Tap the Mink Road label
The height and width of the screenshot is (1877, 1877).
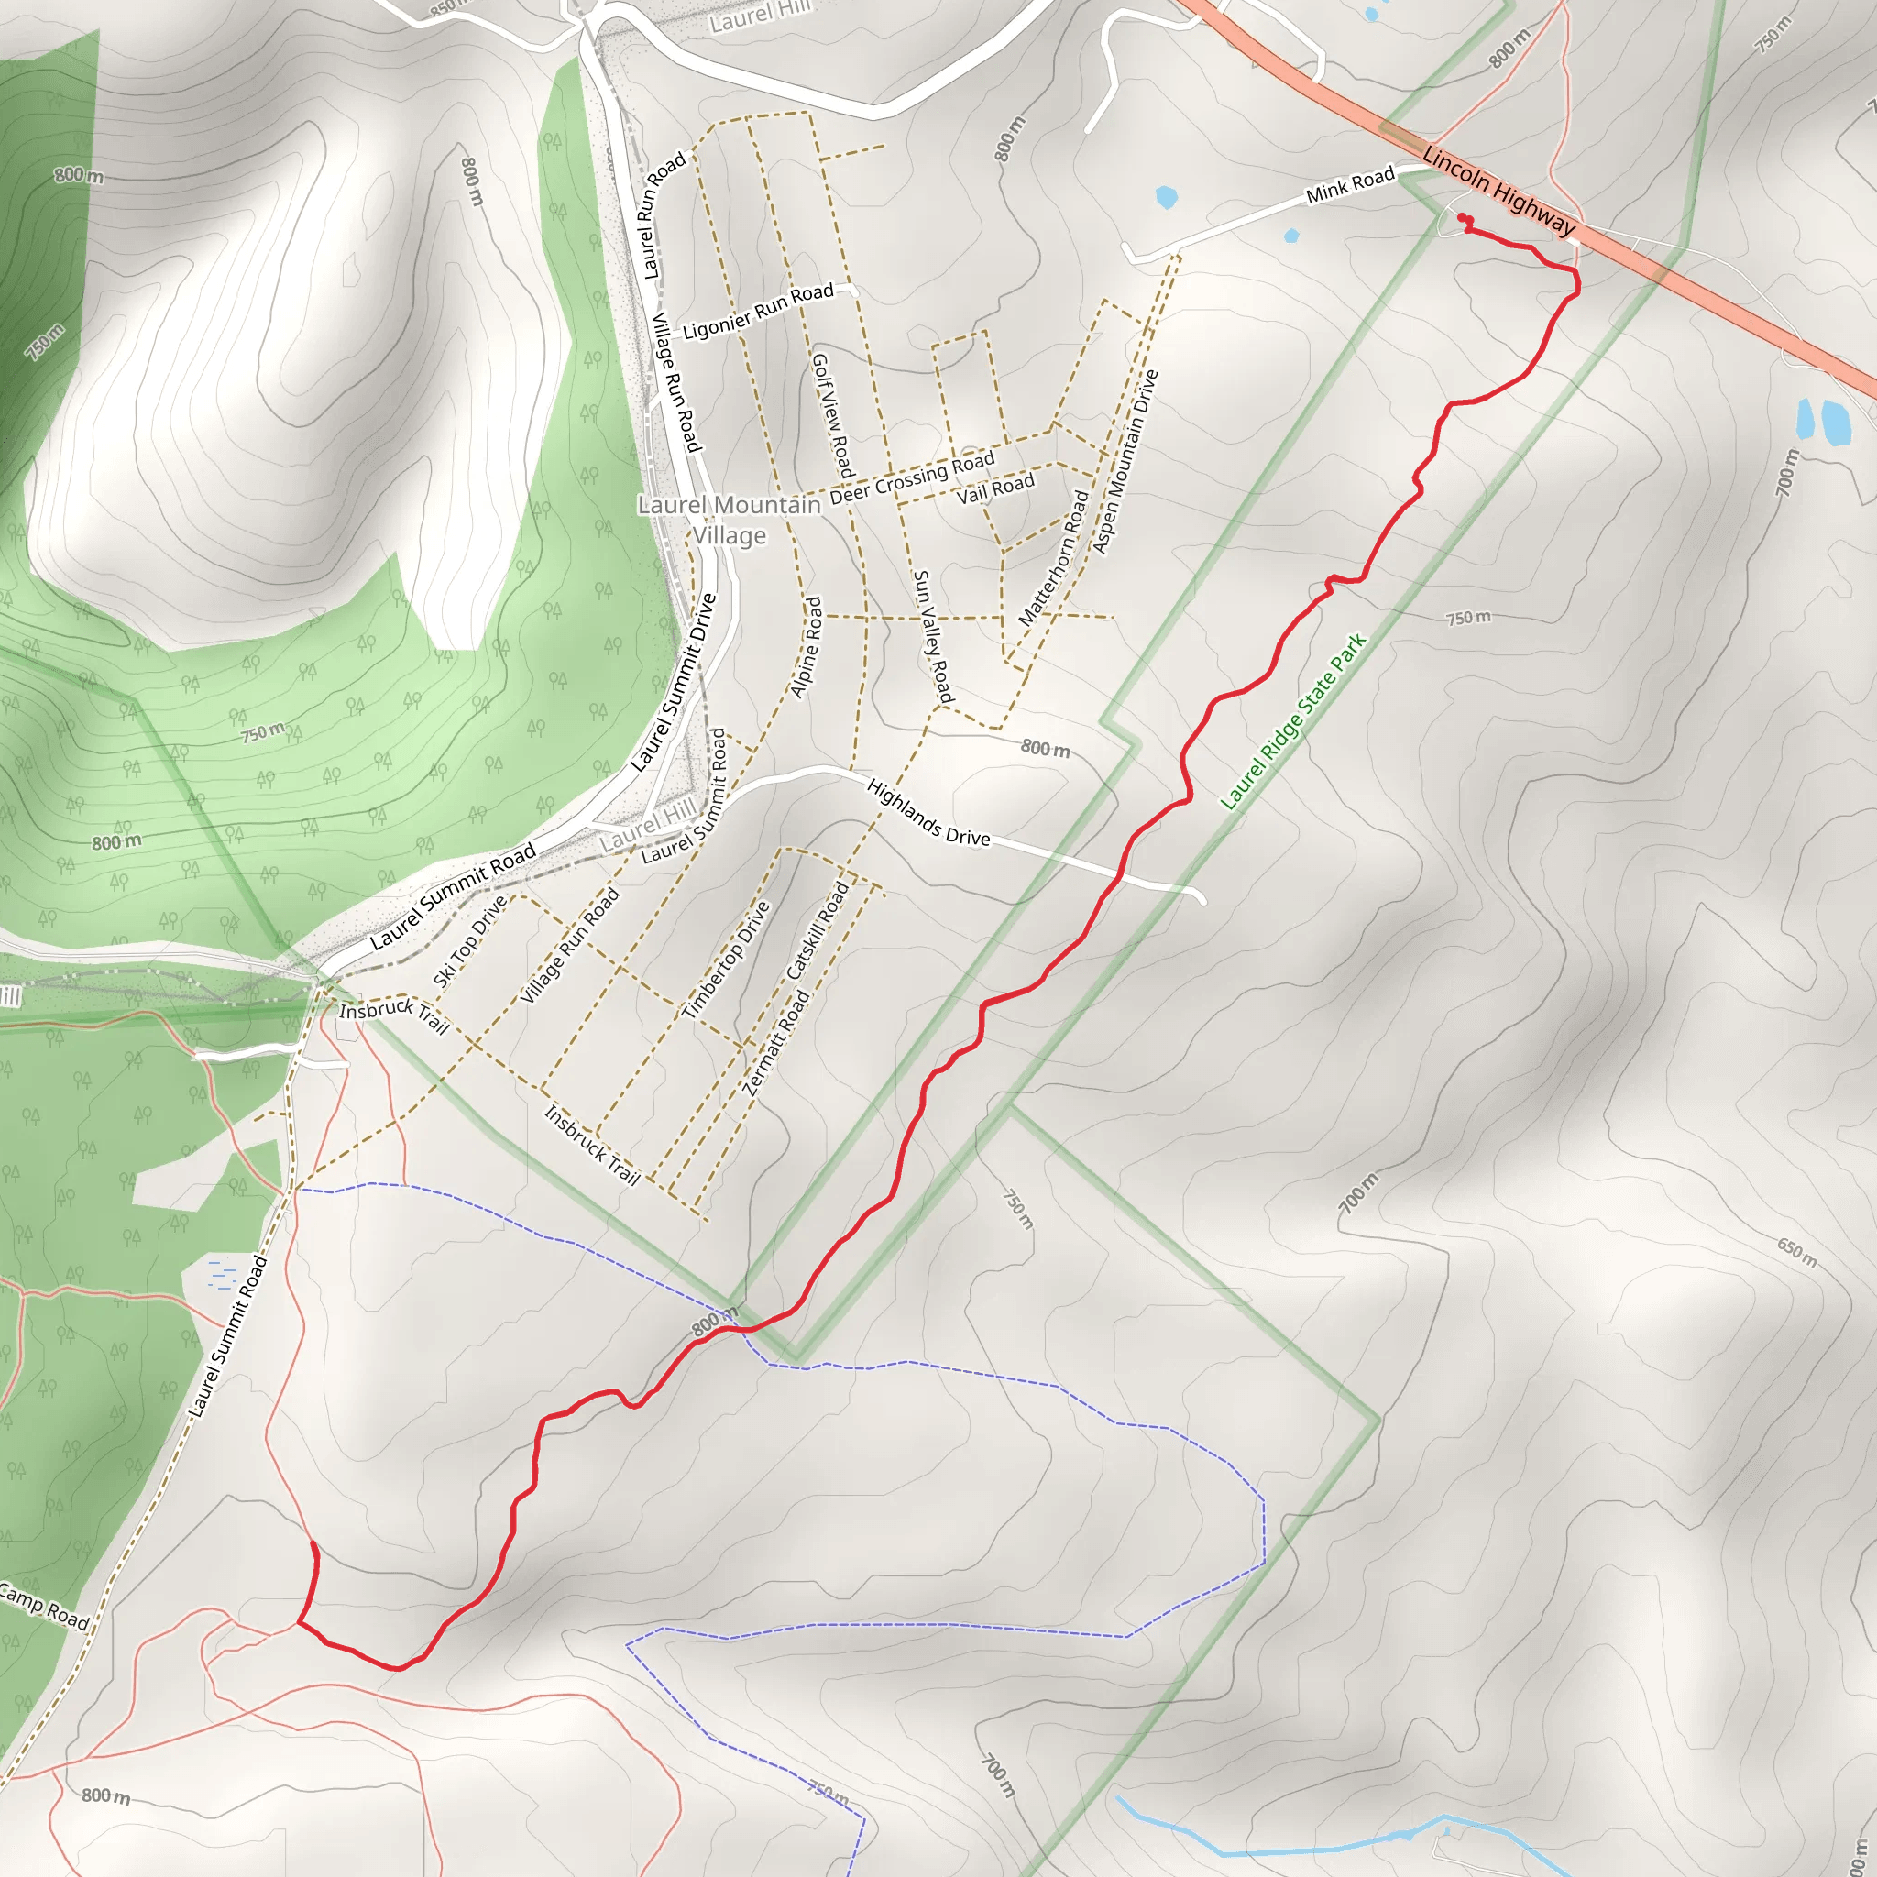point(1349,184)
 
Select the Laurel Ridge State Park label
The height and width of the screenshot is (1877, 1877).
point(1293,721)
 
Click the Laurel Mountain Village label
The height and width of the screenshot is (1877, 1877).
point(730,520)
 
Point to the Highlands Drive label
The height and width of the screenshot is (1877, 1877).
point(928,812)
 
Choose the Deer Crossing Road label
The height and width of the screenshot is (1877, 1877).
point(912,477)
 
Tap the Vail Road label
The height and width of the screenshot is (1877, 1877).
point(996,488)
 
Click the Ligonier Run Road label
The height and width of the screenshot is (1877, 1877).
point(758,312)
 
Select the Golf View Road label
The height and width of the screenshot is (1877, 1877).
point(832,415)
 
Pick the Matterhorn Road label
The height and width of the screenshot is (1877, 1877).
point(1054,557)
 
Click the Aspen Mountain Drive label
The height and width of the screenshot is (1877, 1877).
point(1125,462)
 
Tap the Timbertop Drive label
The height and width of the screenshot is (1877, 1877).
point(726,960)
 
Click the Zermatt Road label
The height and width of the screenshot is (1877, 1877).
point(775,1042)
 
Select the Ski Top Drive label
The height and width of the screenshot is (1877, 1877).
point(470,940)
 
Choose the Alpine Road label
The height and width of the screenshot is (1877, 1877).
point(807,647)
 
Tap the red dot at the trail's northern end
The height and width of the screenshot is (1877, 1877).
point(1462,219)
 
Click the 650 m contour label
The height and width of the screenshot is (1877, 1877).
point(1796,1252)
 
